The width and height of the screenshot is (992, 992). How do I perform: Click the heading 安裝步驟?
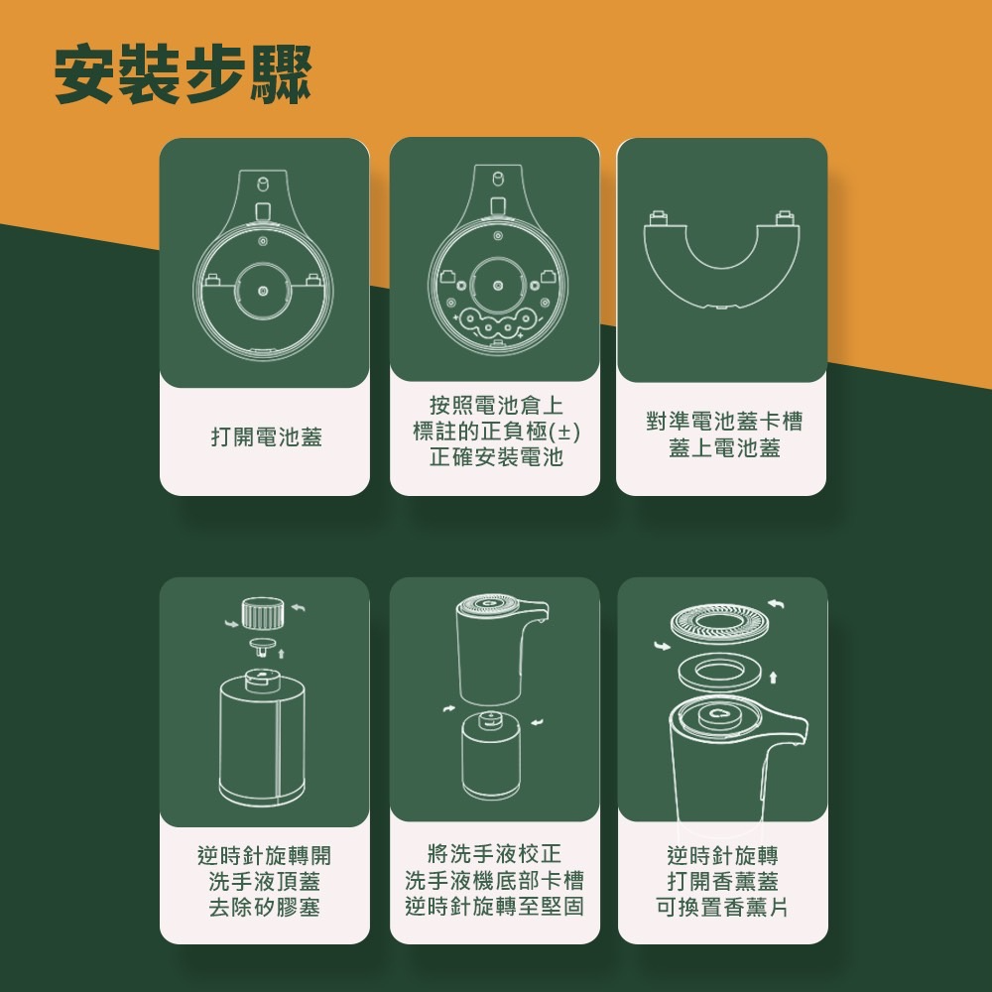tap(183, 73)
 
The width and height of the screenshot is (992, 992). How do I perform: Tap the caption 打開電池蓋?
tap(266, 436)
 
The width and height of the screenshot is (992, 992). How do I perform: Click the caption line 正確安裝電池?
tap(496, 456)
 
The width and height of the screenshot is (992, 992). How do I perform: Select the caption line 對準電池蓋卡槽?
tap(724, 421)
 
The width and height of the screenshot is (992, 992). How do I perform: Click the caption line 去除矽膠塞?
tap(265, 907)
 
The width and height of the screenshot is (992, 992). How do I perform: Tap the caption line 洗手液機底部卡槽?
tap(495, 880)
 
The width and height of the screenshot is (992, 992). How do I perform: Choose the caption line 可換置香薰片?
tap(722, 908)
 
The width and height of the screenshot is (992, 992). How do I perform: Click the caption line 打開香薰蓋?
tap(722, 881)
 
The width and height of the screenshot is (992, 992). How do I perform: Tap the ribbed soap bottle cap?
tap(263, 613)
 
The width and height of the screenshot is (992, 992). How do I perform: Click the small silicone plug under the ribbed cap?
tap(263, 646)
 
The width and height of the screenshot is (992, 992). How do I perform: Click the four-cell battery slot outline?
tap(497, 322)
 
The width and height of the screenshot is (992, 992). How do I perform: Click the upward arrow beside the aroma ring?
tap(773, 679)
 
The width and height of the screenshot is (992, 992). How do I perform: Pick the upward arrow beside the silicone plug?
tap(282, 653)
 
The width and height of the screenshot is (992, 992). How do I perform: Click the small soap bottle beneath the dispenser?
tap(491, 754)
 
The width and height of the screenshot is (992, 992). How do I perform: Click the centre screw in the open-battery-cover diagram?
tap(263, 291)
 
